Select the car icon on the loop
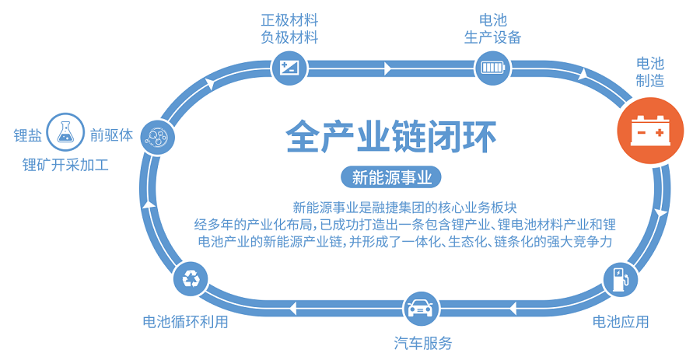(421, 307)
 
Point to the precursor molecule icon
(157, 137)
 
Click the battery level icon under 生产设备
(492, 66)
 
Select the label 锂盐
(28, 135)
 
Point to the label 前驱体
(111, 135)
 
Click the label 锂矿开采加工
(65, 164)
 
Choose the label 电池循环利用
(185, 321)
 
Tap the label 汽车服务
(422, 343)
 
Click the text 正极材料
(289, 19)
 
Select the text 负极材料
(289, 37)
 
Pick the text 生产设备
(493, 37)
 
